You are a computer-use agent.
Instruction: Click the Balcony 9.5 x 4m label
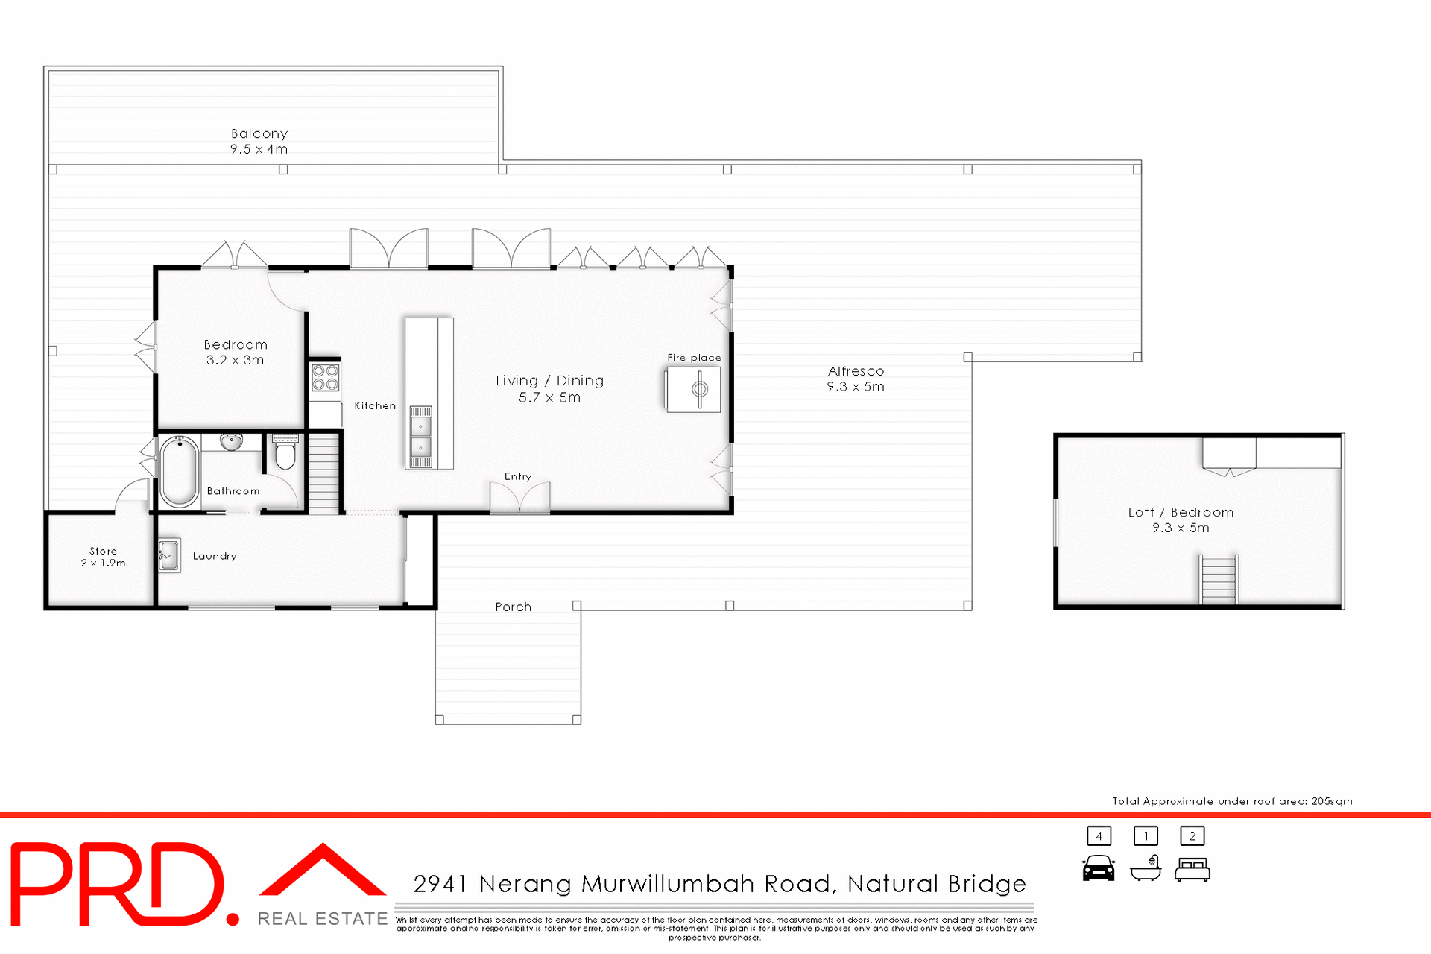point(259,141)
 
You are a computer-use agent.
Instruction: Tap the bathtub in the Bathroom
point(179,471)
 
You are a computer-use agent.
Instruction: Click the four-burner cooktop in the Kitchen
point(326,377)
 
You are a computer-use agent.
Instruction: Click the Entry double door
point(519,498)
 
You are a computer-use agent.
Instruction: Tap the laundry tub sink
point(169,555)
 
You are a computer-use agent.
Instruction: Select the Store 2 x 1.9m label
point(103,557)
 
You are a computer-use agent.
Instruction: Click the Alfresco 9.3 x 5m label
point(856,379)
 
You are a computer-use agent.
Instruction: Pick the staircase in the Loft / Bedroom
point(1219,580)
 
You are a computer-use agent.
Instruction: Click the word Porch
point(514,607)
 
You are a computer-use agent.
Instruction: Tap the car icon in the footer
point(1099,868)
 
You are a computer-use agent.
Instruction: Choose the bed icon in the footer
point(1192,870)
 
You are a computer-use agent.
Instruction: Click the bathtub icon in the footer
point(1146,869)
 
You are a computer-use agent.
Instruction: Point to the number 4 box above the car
point(1099,836)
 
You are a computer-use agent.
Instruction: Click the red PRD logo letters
point(119,884)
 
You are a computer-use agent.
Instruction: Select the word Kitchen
point(375,406)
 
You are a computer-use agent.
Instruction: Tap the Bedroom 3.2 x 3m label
point(235,352)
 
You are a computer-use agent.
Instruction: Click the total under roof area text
point(1232,801)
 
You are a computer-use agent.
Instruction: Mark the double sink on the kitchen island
point(420,437)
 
